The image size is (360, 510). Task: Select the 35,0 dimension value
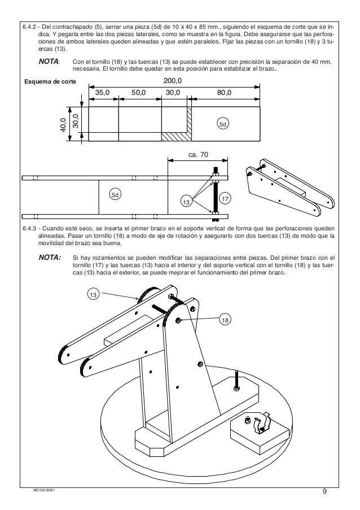click(x=103, y=91)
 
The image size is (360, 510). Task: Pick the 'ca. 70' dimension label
click(x=197, y=154)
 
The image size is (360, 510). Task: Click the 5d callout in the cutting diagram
click(x=223, y=123)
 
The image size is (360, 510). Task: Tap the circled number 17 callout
click(x=224, y=199)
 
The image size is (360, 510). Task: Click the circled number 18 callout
click(x=225, y=320)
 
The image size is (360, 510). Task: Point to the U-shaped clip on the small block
click(x=261, y=424)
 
